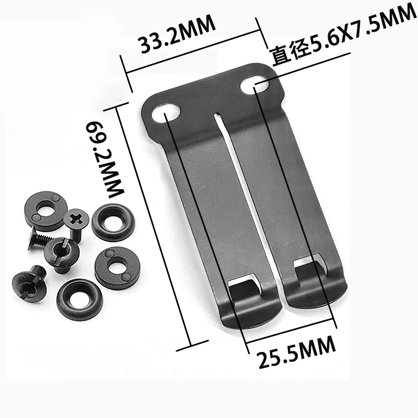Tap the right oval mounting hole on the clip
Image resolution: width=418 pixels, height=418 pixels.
pyautogui.click(x=256, y=85)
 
